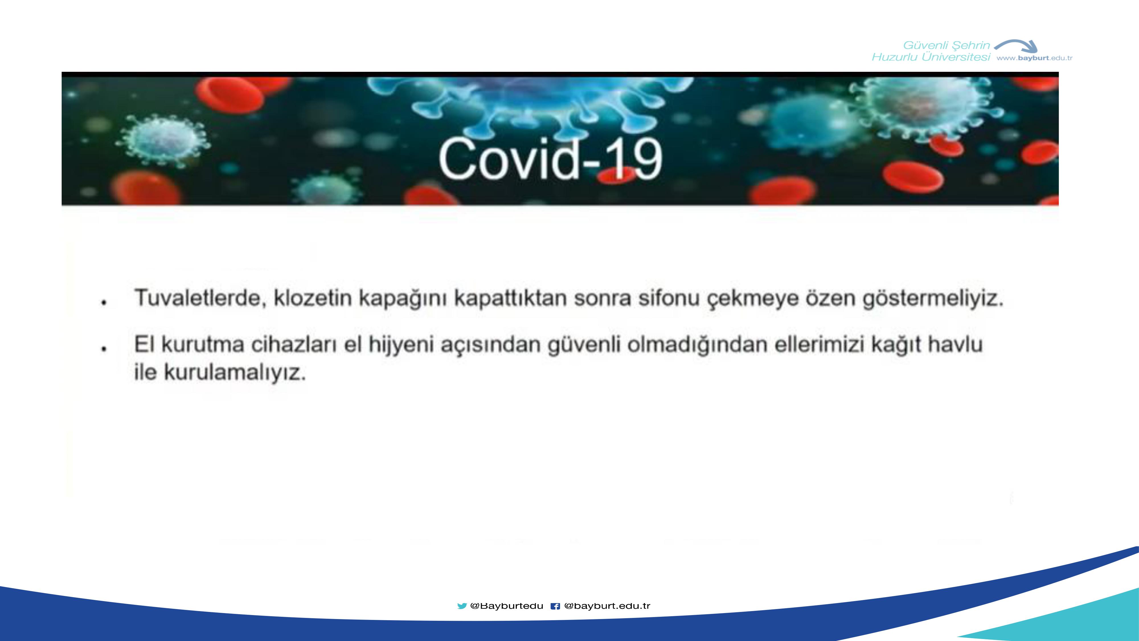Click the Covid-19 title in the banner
pyautogui.click(x=550, y=158)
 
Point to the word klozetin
pyautogui.click(x=313, y=298)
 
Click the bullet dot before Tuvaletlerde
pyautogui.click(x=104, y=303)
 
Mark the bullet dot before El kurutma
pyautogui.click(x=104, y=349)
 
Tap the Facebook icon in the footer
pyautogui.click(x=555, y=606)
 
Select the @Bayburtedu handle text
pyautogui.click(x=507, y=606)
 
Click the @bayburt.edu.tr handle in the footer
pyautogui.click(x=607, y=606)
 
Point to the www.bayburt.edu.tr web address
pyautogui.click(x=1034, y=58)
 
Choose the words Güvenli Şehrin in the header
pyautogui.click(x=946, y=45)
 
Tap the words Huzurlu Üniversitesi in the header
pyautogui.click(x=931, y=57)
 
